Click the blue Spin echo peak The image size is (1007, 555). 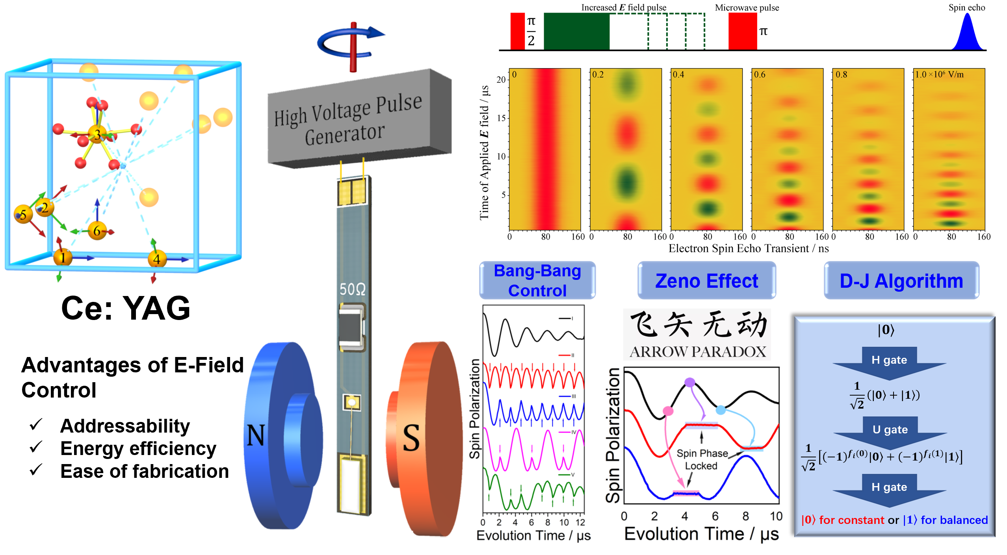click(967, 33)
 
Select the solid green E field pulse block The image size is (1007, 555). click(576, 31)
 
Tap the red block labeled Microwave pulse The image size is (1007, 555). click(742, 31)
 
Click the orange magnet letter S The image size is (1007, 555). click(411, 438)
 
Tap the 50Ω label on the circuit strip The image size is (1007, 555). click(353, 289)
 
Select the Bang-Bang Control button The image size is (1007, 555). click(537, 280)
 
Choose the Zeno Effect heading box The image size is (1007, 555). click(706, 281)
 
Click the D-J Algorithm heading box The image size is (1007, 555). click(901, 281)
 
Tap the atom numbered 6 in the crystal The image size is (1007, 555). click(97, 231)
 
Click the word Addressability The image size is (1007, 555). click(125, 426)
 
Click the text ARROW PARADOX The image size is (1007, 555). click(698, 351)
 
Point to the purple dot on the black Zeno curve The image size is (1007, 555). click(689, 382)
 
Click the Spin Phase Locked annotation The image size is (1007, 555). click(702, 459)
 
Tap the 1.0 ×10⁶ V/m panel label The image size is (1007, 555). click(939, 74)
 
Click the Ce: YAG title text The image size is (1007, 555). click(126, 308)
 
